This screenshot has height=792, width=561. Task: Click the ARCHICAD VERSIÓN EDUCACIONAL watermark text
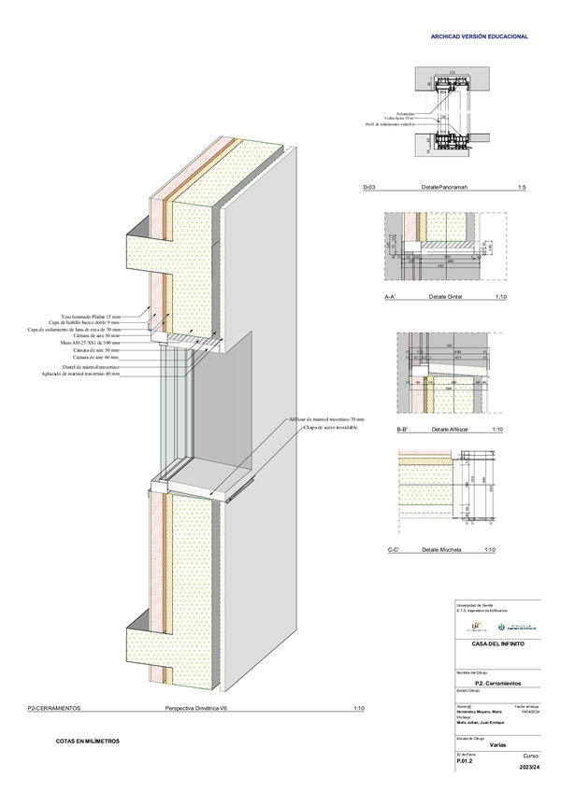point(479,36)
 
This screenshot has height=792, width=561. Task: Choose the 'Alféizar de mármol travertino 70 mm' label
point(326,420)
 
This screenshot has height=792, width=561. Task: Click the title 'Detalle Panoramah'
point(443,188)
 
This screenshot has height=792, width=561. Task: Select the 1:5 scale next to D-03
point(522,188)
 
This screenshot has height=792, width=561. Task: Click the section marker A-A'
point(392,296)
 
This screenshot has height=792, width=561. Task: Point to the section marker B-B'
point(403,430)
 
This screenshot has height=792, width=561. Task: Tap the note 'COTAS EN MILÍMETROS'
point(88,742)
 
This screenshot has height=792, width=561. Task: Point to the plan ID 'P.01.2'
point(465,761)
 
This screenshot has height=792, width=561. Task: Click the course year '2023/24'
point(529,768)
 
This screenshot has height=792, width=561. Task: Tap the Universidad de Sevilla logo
point(477,627)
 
